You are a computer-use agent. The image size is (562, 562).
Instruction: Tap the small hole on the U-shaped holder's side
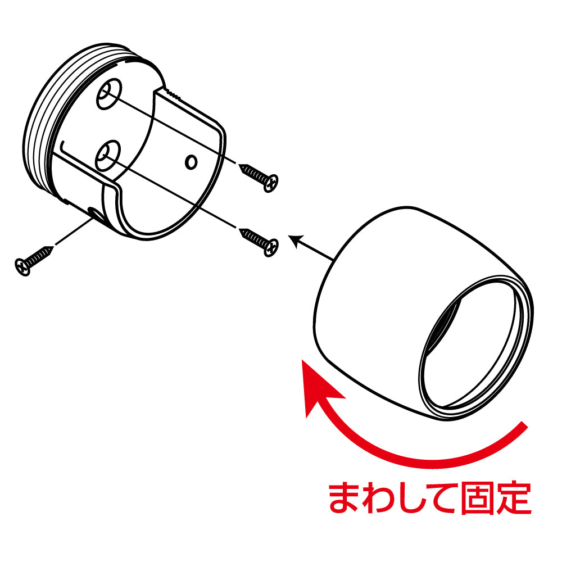tap(191, 162)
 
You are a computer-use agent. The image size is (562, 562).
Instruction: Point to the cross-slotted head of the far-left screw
tap(22, 265)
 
